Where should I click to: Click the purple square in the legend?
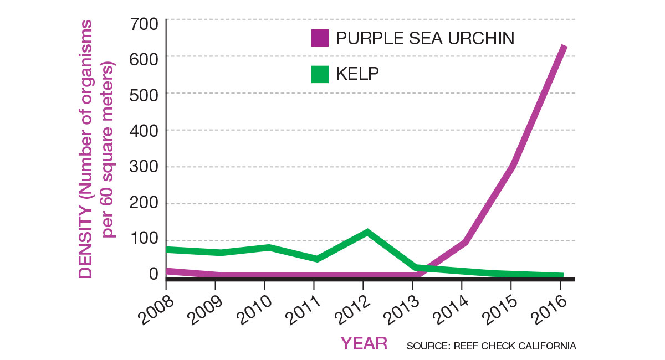tap(320, 38)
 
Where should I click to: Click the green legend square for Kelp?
tap(320, 74)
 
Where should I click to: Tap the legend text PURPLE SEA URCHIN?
tap(425, 38)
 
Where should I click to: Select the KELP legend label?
tap(357, 74)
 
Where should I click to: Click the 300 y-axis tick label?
tap(146, 167)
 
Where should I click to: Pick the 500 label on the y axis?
tap(146, 94)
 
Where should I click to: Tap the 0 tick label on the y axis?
tap(154, 274)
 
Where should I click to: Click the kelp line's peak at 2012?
tap(365, 232)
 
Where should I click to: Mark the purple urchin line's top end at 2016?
tap(564, 47)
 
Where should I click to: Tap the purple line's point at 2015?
tap(513, 166)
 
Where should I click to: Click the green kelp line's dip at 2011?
tap(315, 259)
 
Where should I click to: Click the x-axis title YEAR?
tap(364, 343)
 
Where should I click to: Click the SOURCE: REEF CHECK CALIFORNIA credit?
tap(491, 346)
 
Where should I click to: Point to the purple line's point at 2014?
tap(464, 242)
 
